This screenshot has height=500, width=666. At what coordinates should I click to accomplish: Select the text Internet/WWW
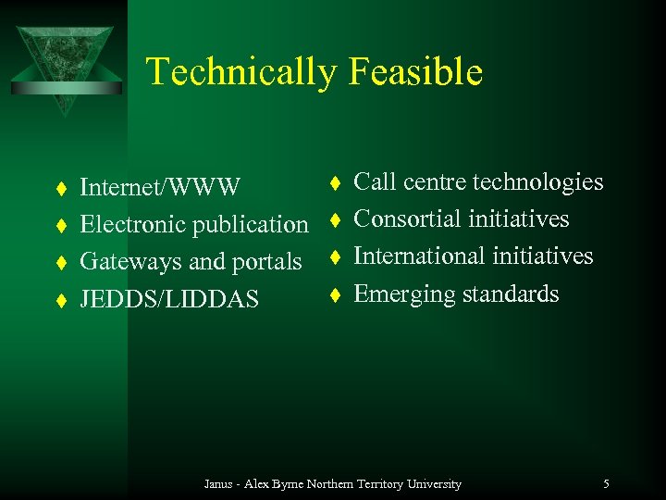coord(160,188)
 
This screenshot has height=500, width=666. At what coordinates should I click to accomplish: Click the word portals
coord(267,262)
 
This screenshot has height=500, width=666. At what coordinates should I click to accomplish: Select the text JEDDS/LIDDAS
coord(169,299)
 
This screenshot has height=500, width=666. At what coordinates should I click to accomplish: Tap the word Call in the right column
coord(375,182)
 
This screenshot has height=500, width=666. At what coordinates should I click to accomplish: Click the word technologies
coord(537,182)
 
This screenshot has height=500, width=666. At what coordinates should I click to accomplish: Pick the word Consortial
coord(407,219)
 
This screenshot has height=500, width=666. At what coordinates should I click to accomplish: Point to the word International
coord(414,256)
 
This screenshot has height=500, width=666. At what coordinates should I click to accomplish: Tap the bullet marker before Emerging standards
coord(337,294)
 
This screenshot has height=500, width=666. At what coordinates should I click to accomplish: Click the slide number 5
coord(606,483)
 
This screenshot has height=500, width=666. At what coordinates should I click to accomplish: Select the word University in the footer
coord(435,483)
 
